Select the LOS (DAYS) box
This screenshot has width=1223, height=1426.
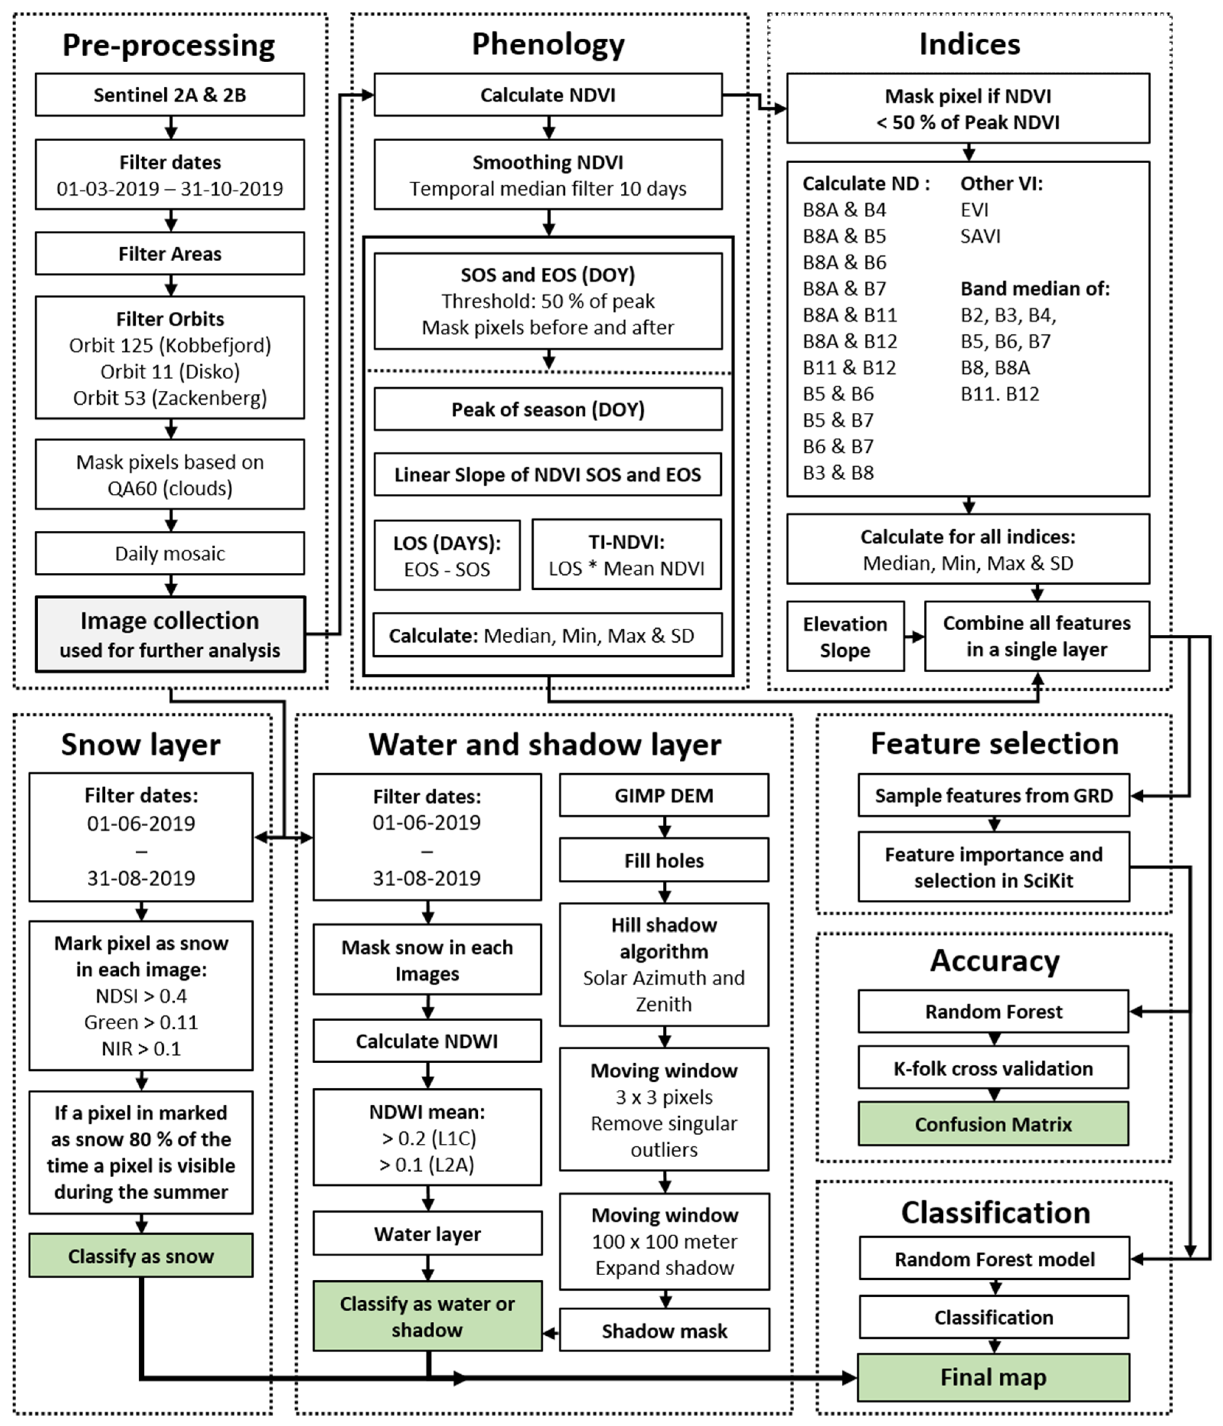447,555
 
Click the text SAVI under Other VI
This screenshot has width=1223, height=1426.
980,236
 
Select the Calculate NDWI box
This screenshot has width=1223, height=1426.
427,1041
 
